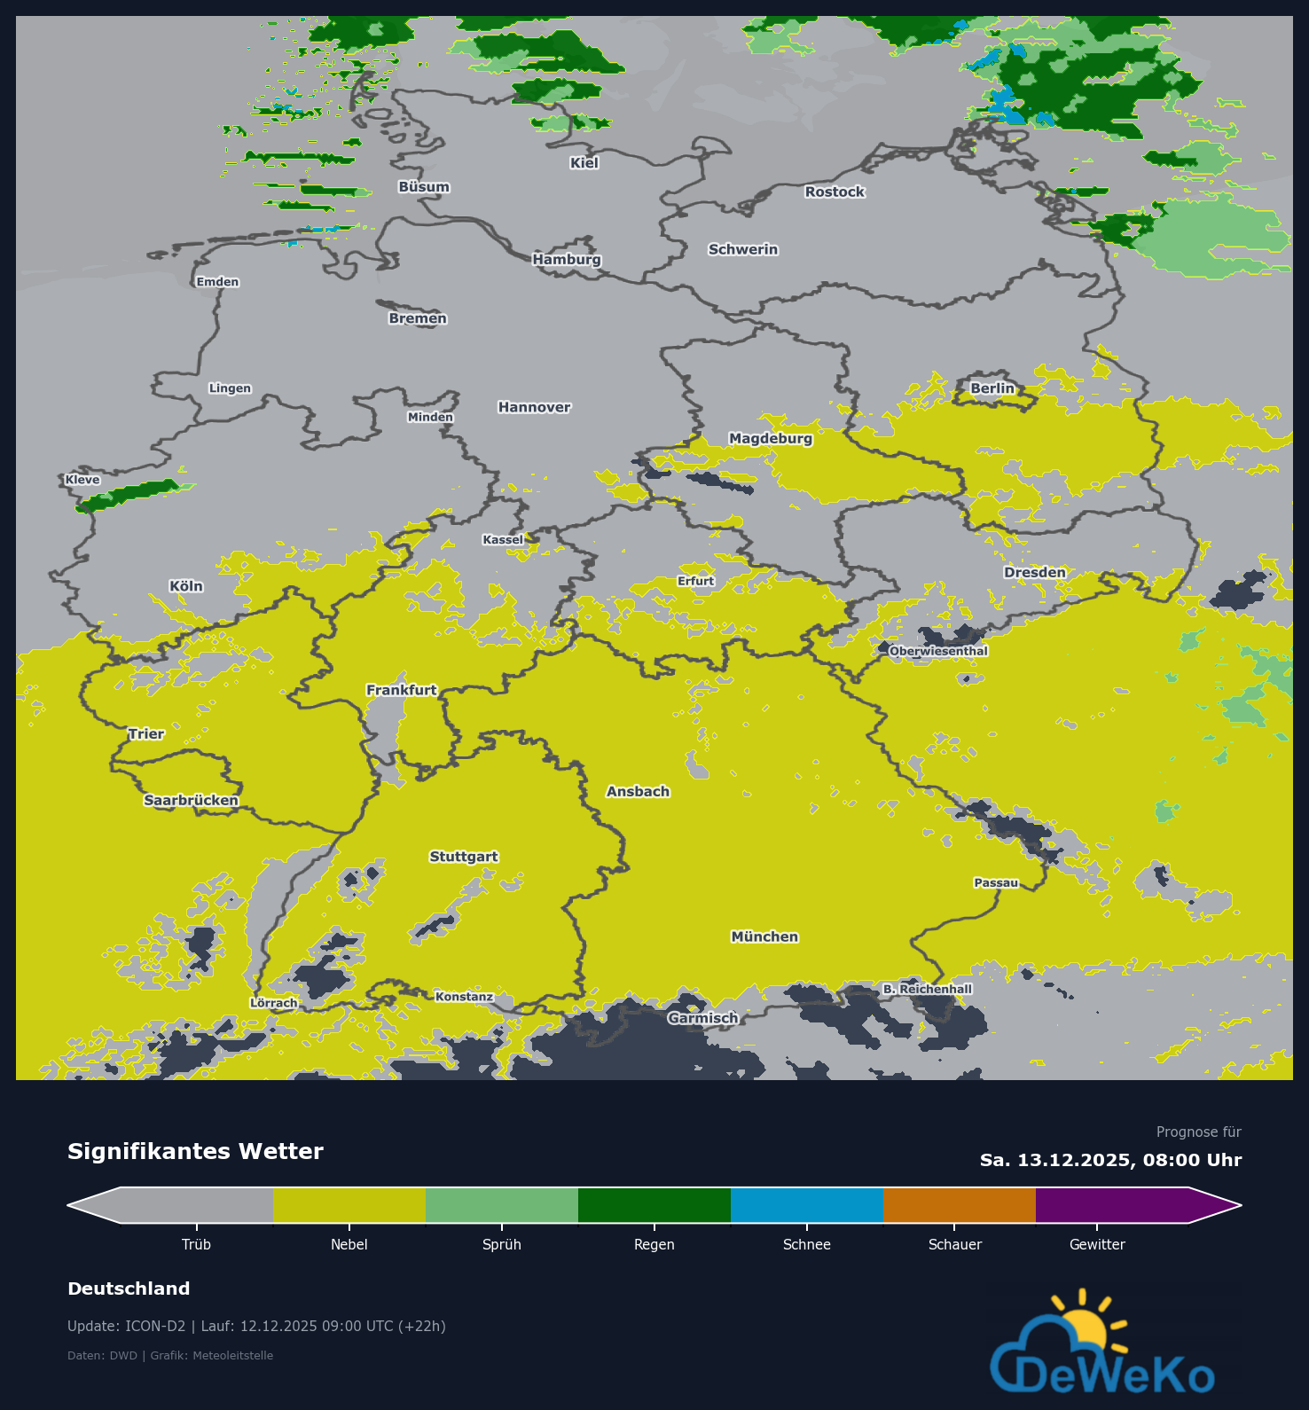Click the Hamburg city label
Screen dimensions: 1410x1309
567,259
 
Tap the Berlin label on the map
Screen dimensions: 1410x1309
992,388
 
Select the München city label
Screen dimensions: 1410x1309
764,936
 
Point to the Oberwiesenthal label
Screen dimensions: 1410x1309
938,651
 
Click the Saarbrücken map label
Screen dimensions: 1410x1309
191,800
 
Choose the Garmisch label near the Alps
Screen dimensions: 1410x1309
702,1018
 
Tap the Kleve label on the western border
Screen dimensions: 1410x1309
82,480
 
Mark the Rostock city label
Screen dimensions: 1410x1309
835,192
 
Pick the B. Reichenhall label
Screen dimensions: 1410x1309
928,989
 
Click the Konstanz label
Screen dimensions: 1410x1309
464,997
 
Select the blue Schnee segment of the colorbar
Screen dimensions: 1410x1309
806,1205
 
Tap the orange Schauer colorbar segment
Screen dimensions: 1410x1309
959,1205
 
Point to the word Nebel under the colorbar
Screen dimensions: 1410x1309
349,1244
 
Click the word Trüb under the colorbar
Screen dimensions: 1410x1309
196,1244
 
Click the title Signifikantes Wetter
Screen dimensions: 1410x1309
195,1151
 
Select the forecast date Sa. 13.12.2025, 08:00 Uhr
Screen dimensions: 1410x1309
1110,1160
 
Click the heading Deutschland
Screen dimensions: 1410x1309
129,1289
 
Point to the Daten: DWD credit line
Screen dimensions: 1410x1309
170,1355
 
